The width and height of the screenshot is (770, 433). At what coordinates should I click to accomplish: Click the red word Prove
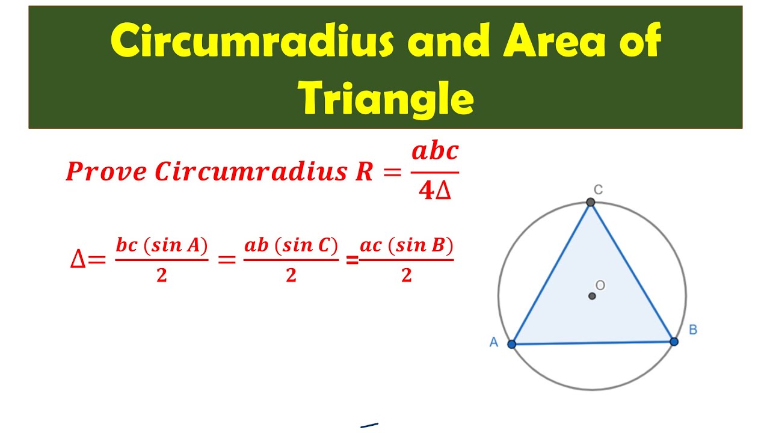[x=106, y=172]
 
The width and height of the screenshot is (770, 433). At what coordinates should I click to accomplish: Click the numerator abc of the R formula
[x=435, y=152]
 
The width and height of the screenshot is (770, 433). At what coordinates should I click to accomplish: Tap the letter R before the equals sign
[x=365, y=172]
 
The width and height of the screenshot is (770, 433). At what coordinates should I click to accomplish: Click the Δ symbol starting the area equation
[x=78, y=260]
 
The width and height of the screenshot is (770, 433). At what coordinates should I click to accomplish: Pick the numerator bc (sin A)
[x=161, y=245]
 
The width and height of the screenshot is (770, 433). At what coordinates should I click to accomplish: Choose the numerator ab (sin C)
[x=291, y=245]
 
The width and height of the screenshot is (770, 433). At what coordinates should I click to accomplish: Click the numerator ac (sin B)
[x=406, y=245]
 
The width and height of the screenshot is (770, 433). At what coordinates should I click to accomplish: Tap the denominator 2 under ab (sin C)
[x=291, y=275]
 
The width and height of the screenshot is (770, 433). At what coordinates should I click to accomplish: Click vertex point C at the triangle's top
[x=591, y=203]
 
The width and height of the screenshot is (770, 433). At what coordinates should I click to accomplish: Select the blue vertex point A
[x=512, y=345]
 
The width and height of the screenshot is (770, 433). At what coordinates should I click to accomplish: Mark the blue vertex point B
[x=674, y=342]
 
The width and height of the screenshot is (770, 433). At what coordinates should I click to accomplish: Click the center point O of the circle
[x=592, y=296]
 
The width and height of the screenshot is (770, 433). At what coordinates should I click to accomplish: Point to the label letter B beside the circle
[x=692, y=330]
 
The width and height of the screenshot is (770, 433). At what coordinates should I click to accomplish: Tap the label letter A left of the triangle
[x=494, y=342]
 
